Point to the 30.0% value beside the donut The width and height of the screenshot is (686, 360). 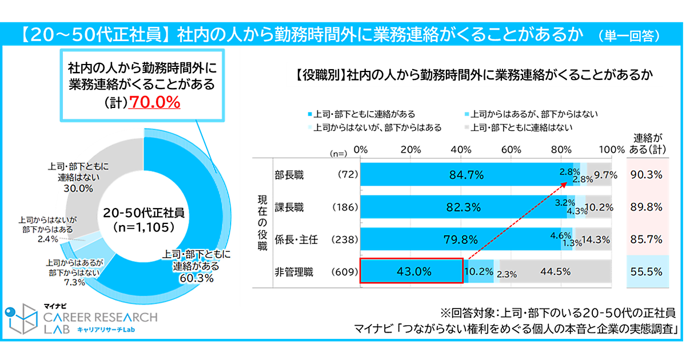click(x=78, y=189)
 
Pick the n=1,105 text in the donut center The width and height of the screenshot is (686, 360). click(x=143, y=226)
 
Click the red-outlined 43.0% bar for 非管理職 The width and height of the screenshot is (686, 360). click(x=410, y=271)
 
